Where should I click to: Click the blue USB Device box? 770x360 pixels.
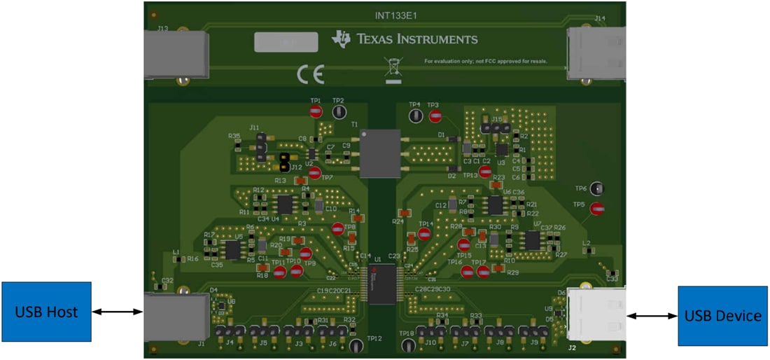722,316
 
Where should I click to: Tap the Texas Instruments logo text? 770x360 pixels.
406,39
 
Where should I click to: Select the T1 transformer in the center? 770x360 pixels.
380,153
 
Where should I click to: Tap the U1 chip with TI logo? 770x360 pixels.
381,284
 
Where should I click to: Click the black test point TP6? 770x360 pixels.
596,188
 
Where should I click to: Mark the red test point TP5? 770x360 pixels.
596,208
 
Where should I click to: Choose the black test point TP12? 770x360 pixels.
356,345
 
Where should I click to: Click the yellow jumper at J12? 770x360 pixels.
284,162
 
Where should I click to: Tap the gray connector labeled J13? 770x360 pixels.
176,54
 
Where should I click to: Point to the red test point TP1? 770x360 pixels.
316,111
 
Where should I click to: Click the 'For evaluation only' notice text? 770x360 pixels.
485,61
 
